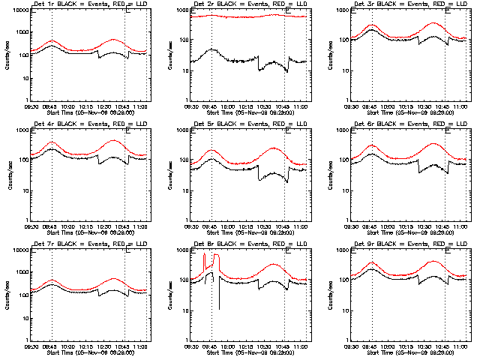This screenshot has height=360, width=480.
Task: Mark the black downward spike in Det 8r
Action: [219, 296]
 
